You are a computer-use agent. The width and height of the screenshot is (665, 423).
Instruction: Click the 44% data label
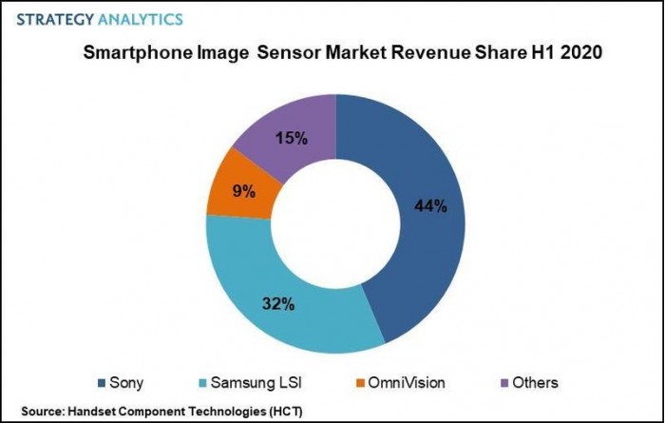pos(430,206)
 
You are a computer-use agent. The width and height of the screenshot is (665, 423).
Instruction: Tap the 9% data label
pos(243,191)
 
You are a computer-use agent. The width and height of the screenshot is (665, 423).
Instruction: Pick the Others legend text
pos(537,383)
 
